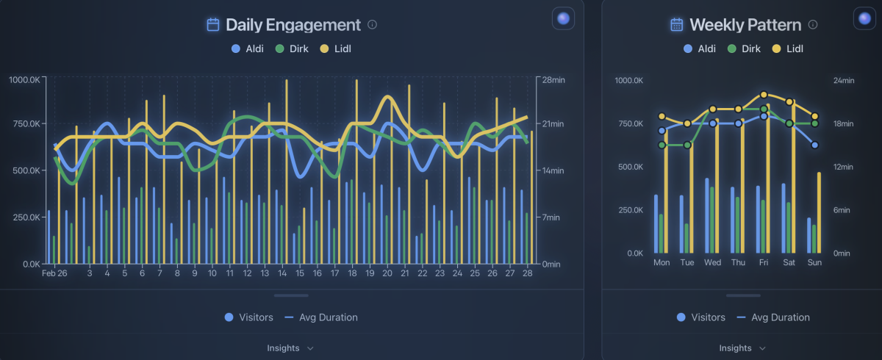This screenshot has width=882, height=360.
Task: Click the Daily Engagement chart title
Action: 293,25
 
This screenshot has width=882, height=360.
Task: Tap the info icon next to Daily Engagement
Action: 372,25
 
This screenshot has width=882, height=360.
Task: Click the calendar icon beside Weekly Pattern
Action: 676,25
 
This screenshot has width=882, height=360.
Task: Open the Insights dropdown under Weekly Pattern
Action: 742,348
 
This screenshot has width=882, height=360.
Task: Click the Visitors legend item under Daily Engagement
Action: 249,317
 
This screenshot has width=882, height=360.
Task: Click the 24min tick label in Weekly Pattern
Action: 844,81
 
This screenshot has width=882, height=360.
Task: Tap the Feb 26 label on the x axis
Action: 54,273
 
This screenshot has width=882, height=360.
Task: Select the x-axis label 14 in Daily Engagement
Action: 282,273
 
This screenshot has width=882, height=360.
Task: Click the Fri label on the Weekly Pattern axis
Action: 764,262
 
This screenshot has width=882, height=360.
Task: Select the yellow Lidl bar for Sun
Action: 820,213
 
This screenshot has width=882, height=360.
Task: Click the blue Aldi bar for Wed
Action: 707,216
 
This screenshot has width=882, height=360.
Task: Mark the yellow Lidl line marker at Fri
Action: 764,95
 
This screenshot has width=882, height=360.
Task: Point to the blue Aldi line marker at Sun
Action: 814,145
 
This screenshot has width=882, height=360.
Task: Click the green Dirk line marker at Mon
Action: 661,145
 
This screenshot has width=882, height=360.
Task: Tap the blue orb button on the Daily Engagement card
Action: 563,18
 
